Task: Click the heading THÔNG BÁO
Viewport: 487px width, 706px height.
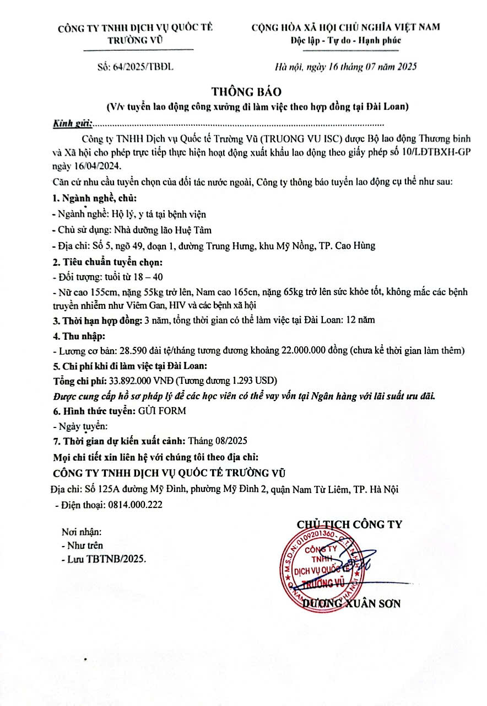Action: [242, 90]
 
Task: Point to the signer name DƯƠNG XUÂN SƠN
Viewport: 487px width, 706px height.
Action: [353, 603]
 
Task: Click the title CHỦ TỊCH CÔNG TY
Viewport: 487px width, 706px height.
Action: [349, 525]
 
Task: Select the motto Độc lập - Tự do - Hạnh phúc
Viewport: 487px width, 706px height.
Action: [345, 40]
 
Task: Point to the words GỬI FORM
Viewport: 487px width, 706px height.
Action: [161, 410]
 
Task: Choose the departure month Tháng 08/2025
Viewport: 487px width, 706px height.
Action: [218, 441]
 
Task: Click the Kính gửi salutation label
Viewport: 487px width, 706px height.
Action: [72, 123]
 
